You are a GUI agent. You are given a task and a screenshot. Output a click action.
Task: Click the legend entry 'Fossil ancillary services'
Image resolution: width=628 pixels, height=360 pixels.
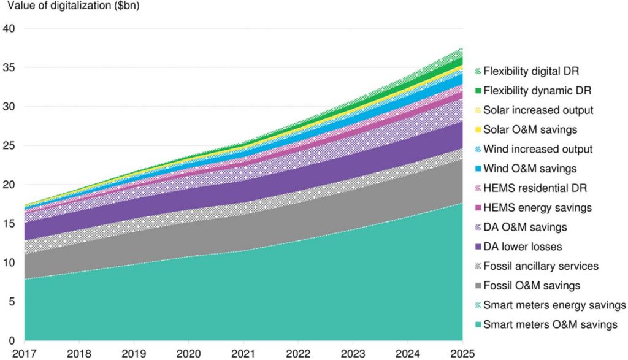coord(540,267)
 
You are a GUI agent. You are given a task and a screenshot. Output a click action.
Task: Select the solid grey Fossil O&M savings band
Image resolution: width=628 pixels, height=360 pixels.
coord(245,233)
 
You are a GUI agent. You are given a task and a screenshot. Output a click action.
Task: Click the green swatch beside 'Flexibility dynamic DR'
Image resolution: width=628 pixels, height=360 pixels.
coord(478,91)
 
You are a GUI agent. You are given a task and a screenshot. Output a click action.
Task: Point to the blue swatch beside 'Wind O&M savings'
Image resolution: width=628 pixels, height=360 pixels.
coord(478,169)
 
